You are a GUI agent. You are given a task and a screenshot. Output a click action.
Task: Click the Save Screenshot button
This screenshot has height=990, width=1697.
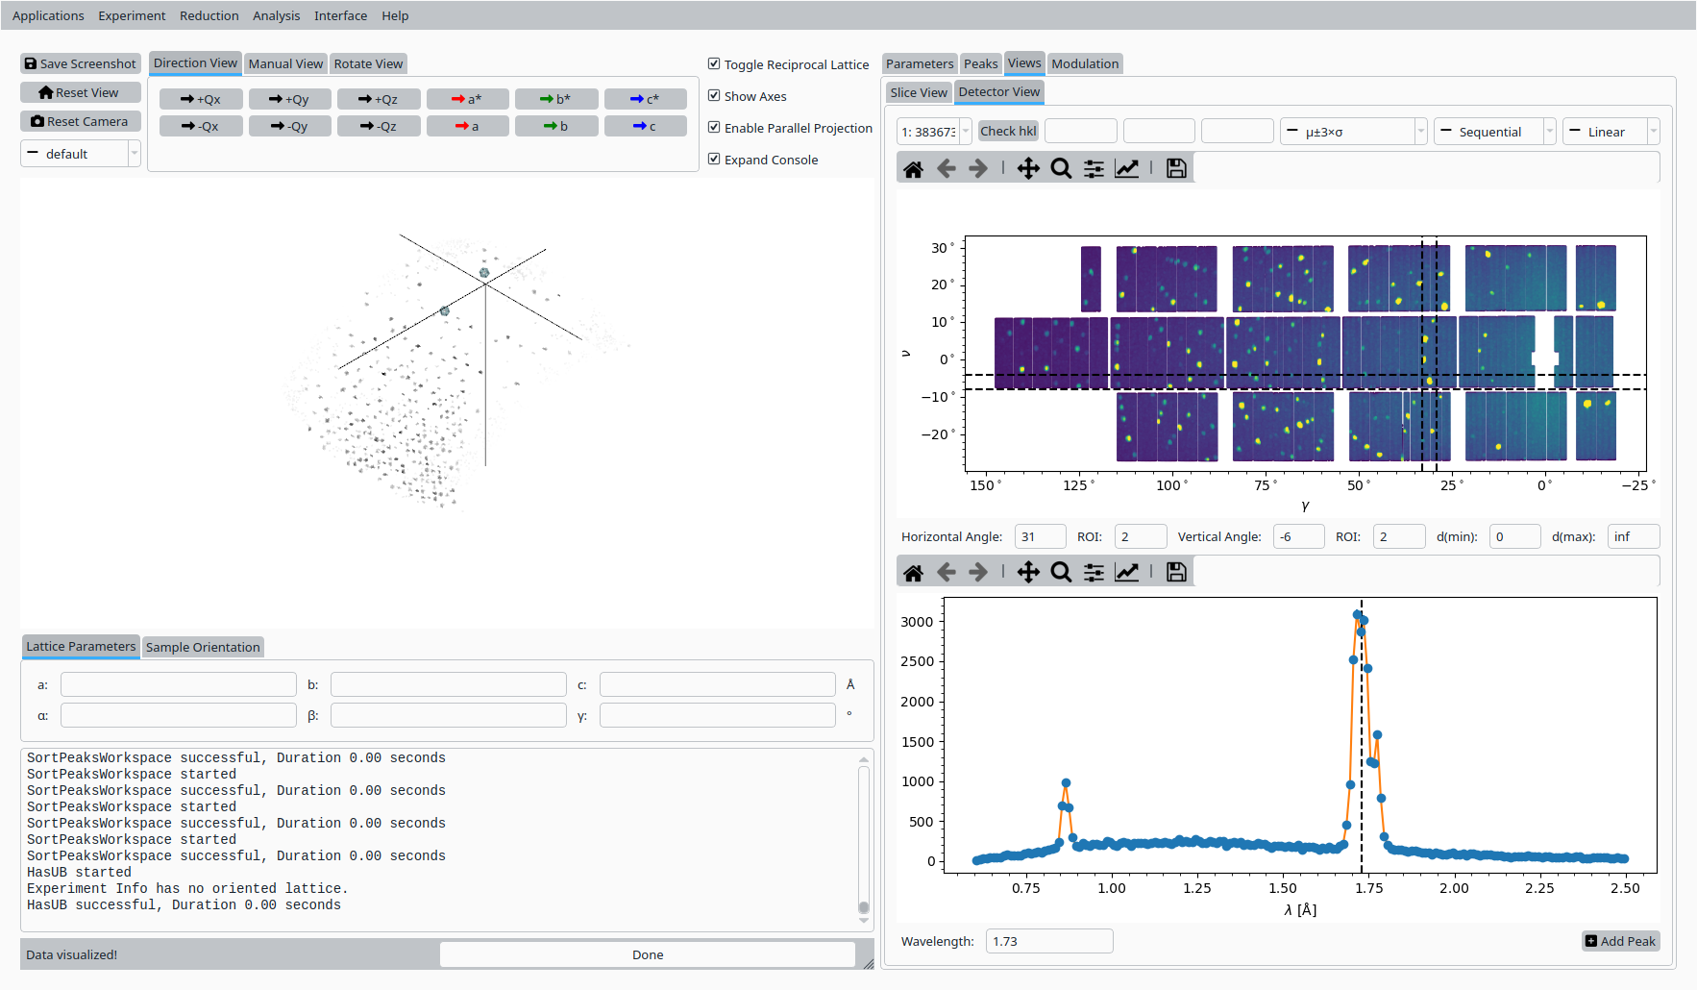[81, 63]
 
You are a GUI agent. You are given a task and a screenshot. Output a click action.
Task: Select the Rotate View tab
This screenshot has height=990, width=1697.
[368, 63]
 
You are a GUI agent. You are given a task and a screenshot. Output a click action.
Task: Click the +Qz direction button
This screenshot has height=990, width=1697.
[379, 99]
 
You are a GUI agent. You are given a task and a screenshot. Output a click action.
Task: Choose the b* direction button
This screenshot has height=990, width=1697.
[556, 99]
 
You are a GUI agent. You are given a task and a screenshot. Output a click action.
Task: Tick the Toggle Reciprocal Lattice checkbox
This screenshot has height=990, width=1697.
[714, 64]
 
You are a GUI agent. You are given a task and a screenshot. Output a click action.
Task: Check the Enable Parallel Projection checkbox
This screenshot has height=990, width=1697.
[714, 128]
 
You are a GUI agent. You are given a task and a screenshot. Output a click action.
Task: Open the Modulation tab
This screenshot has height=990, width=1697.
[1085, 63]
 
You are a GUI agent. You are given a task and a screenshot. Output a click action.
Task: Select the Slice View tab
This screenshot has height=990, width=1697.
[918, 92]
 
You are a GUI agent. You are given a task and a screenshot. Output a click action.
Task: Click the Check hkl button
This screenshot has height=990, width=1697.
[1008, 132]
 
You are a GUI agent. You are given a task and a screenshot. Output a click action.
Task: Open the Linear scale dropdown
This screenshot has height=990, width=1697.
[1611, 132]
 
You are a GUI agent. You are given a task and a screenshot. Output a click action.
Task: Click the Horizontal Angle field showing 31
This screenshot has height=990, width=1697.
[1040, 536]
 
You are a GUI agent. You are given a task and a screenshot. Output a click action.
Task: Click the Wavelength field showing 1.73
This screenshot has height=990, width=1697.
[1048, 941]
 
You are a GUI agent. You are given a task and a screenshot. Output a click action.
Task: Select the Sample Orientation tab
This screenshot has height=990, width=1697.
[203, 647]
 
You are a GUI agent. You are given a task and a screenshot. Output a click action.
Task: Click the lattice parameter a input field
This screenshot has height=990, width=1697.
[179, 684]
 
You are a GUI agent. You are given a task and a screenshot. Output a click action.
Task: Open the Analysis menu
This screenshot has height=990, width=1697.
[276, 15]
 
